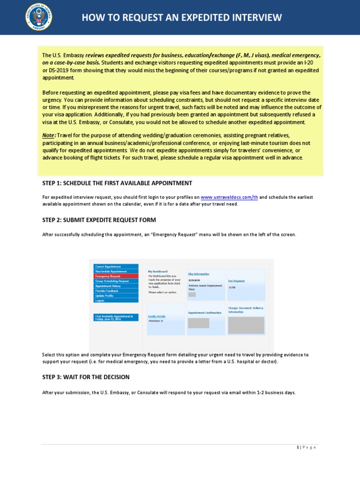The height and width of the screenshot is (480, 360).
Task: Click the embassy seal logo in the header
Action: click(38, 17)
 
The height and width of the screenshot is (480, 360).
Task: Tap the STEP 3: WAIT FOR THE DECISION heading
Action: click(86, 377)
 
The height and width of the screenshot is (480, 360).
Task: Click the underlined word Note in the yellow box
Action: click(48, 135)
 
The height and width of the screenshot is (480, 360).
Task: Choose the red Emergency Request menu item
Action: click(116, 276)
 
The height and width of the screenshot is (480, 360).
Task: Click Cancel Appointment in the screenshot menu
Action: click(116, 266)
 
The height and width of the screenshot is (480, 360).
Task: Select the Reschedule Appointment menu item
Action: click(116, 271)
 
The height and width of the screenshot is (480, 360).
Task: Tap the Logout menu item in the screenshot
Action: click(116, 300)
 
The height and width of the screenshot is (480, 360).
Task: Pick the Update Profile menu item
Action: click(116, 296)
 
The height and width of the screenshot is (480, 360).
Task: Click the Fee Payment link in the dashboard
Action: click(236, 281)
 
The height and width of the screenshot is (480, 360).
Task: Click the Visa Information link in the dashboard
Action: click(199, 274)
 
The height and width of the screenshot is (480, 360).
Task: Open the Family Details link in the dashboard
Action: click(157, 316)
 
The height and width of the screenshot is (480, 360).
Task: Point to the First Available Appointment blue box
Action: click(116, 317)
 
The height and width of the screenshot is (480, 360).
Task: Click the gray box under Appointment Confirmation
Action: click(198, 323)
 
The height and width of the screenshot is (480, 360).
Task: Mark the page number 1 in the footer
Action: click(298, 447)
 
